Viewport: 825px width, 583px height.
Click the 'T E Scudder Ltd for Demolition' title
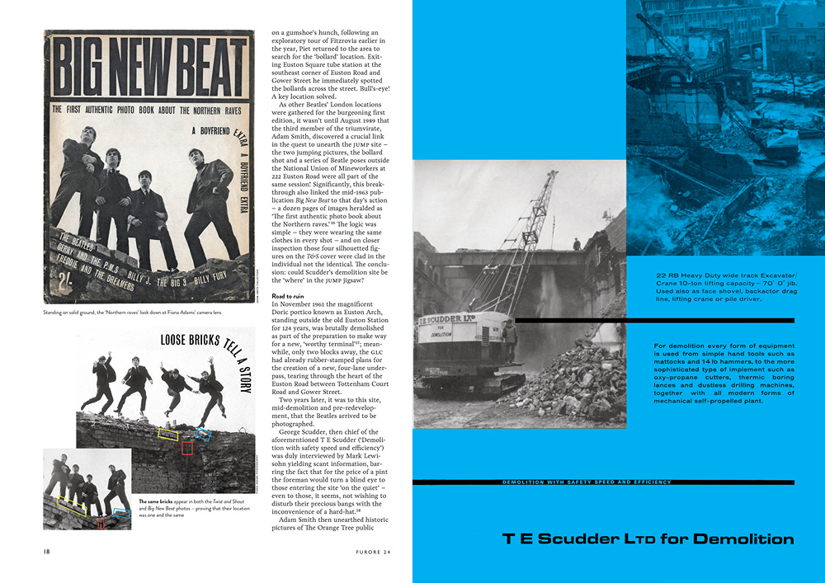pos(648,539)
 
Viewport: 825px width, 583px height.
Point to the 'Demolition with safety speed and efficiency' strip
pos(587,482)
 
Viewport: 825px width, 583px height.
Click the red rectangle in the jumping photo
pos(187,448)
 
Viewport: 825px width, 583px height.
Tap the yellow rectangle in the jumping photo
pos(168,434)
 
